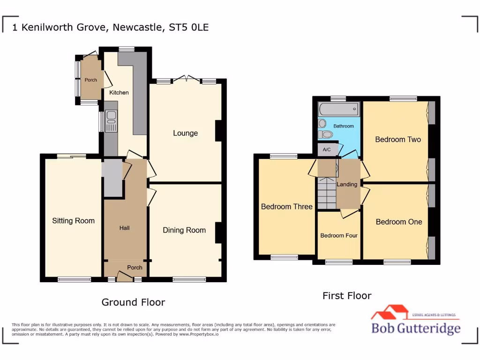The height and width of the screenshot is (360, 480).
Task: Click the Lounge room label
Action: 185,133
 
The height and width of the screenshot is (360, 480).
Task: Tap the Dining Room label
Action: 184,230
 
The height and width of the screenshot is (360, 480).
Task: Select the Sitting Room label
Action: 73,221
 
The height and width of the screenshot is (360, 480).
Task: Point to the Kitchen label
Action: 119,92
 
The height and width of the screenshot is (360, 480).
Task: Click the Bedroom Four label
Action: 339,235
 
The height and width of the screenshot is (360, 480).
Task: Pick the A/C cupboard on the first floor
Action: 327,150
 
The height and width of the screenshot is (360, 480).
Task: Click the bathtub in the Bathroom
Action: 338,110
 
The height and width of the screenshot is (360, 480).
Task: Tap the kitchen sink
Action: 111,121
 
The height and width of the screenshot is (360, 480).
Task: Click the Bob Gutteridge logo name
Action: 416,328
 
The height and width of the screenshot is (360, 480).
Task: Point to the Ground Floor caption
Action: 133,302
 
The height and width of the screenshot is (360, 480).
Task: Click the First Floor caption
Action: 347,296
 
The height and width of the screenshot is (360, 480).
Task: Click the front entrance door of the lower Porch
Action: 124,278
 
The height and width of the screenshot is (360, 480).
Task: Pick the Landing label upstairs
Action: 347,184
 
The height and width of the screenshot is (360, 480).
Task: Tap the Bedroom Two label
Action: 398,139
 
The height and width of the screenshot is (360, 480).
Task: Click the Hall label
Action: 124,228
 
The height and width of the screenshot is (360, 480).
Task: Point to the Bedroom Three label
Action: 286,206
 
